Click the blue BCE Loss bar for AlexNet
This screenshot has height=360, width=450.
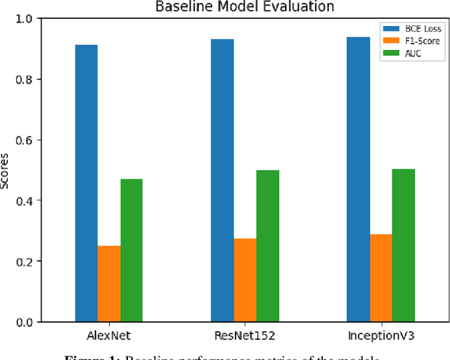(86, 183)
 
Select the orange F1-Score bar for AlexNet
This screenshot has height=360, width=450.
(109, 283)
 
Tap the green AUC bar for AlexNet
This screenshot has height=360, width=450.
(131, 250)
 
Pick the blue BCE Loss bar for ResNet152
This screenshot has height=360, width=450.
(222, 180)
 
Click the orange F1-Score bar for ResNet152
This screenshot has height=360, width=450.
(245, 280)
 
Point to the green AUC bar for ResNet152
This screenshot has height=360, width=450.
(267, 245)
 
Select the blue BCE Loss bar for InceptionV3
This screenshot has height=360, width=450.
(358, 179)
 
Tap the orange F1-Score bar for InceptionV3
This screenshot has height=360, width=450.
(380, 278)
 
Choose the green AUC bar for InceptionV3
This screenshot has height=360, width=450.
(403, 245)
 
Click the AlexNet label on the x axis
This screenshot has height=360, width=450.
(109, 335)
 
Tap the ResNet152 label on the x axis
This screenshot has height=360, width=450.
(245, 335)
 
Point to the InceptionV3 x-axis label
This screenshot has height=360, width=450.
(380, 335)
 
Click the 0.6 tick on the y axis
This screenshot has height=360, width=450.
(26, 140)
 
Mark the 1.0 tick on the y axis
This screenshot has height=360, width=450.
(26, 19)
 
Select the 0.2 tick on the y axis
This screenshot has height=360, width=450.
(26, 261)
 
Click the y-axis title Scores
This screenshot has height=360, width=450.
(6, 170)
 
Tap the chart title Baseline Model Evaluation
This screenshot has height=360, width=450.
(245, 7)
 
